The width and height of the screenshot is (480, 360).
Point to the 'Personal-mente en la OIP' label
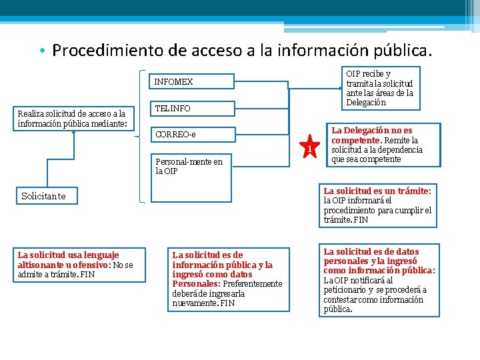pos(189,166)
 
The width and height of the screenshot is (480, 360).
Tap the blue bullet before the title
pos(41,51)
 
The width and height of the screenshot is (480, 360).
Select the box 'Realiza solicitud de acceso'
pos(74,117)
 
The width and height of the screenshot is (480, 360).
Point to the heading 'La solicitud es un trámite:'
pos(377,191)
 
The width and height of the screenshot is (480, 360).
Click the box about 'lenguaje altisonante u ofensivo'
pos(79,265)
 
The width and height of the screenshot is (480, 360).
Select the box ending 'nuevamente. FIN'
pos(227,279)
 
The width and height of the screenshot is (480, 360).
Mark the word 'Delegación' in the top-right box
pos(366,103)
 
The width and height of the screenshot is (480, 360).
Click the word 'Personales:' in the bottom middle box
pos(192,284)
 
